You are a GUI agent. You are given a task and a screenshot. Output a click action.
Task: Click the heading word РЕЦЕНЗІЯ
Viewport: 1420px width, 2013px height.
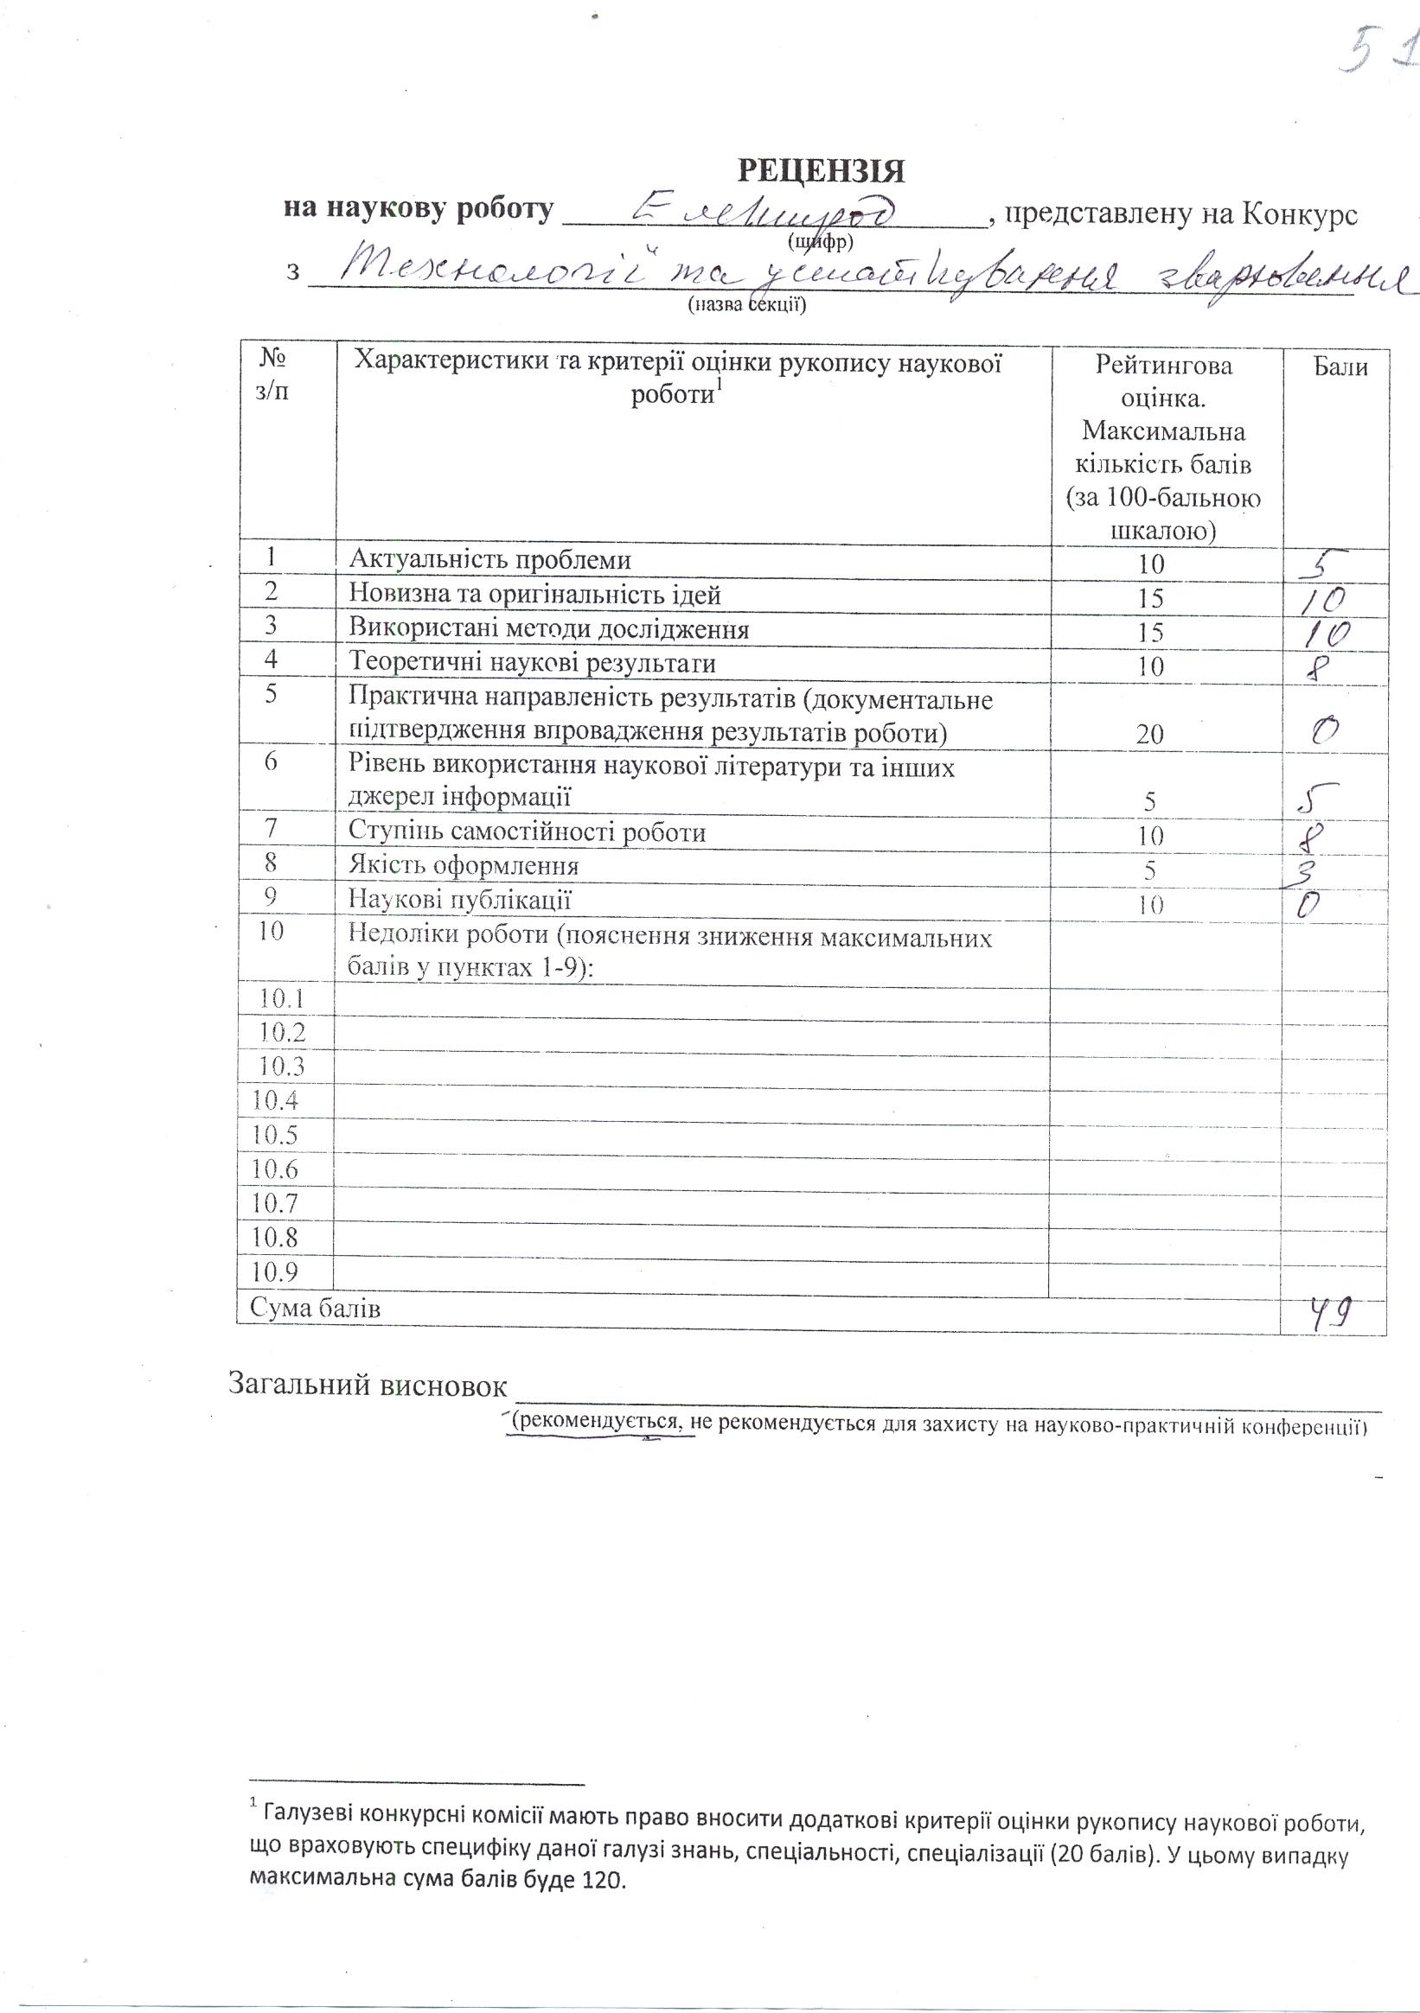[x=821, y=170]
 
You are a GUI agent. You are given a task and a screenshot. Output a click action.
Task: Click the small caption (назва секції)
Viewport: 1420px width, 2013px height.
[x=747, y=304]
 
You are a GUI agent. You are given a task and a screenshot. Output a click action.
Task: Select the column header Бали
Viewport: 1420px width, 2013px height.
[x=1340, y=366]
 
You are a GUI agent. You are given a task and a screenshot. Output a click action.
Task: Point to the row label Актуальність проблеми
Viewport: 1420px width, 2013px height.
[x=489, y=560]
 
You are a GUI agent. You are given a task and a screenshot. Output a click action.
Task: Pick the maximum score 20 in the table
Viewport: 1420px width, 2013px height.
[x=1150, y=734]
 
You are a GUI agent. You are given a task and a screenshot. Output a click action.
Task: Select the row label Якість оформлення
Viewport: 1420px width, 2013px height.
[x=464, y=866]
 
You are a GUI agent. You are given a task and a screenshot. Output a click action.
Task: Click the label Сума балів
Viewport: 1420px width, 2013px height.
[x=315, y=1309]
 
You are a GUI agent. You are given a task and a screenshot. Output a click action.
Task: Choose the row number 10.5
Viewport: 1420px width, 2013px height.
[x=274, y=1135]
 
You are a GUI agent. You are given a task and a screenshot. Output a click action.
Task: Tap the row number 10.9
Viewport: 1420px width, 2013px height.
[x=274, y=1271]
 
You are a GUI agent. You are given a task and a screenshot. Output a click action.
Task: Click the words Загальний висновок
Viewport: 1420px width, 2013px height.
[x=368, y=1386]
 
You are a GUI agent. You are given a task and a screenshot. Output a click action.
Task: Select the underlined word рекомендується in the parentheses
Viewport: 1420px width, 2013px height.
[x=602, y=1422]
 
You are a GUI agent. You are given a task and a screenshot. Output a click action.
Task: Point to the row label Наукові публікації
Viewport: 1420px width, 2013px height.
[x=459, y=900]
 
